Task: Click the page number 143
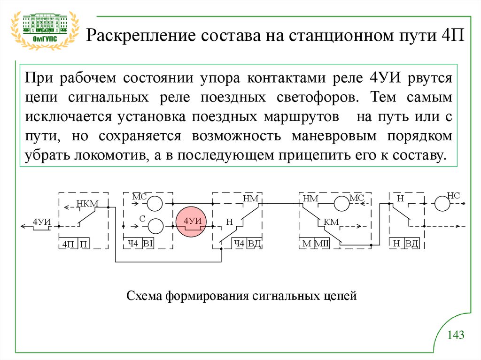(x=456, y=335)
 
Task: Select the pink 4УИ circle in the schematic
(x=193, y=222)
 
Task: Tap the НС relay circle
(x=442, y=204)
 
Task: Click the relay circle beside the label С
(x=155, y=226)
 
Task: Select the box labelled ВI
(x=148, y=243)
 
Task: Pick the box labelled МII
(x=321, y=243)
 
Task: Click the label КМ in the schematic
(x=331, y=222)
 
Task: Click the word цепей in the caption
(x=341, y=296)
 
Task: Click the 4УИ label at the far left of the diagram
(x=40, y=221)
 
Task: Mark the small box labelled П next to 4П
(x=84, y=243)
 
